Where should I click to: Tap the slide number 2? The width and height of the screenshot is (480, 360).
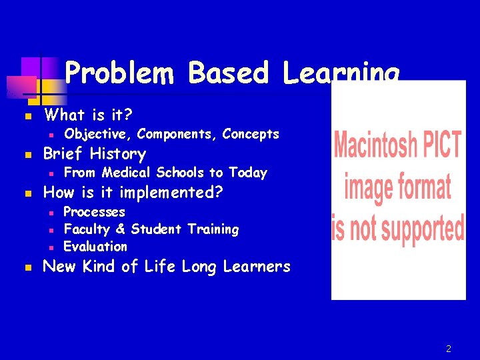(x=449, y=349)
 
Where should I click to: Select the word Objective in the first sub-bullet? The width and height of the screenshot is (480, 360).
(x=97, y=134)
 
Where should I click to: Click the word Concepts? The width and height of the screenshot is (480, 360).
(x=251, y=134)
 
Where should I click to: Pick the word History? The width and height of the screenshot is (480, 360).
(x=118, y=154)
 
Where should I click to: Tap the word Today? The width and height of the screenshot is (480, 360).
(x=247, y=173)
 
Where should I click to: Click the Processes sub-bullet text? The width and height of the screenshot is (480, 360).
(x=94, y=212)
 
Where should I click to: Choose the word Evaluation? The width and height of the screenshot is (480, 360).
(x=95, y=246)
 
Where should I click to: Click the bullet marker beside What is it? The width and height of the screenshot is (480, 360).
(x=27, y=116)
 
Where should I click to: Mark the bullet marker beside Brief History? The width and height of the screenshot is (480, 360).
(x=27, y=155)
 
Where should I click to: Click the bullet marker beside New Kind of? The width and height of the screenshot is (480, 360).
(x=27, y=267)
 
